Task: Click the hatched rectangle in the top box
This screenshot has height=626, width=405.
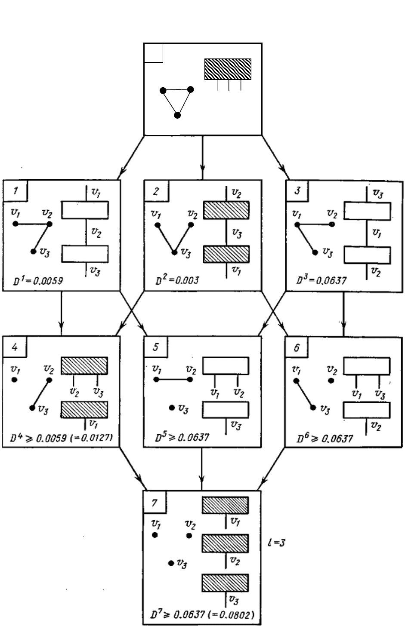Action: click(x=228, y=69)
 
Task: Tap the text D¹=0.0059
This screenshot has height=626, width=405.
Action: click(x=39, y=282)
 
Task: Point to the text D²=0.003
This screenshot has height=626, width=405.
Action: click(x=177, y=281)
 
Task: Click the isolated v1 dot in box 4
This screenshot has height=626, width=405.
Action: click(x=15, y=380)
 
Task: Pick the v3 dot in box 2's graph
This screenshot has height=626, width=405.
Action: click(x=174, y=252)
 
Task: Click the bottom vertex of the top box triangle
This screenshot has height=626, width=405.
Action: click(x=177, y=115)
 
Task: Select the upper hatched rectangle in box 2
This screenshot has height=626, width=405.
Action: click(x=226, y=210)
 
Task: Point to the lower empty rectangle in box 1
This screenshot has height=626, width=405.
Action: click(x=85, y=254)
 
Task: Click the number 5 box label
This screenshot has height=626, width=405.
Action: click(x=156, y=347)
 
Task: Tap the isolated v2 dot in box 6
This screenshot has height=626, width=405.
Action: click(x=331, y=381)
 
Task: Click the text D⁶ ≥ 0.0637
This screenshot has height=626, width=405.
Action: click(x=325, y=439)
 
